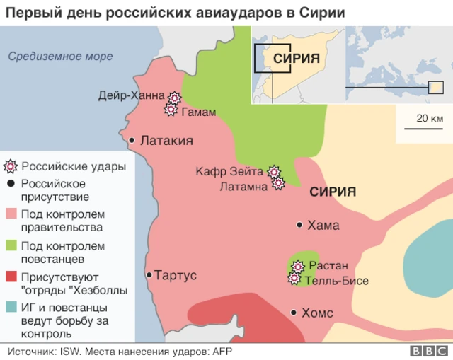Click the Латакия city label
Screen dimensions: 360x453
pos(167,141)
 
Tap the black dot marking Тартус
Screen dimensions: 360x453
pos(149,275)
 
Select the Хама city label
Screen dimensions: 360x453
pos(323,226)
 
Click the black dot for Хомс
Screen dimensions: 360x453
pos(293,312)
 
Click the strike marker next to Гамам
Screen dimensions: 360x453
pos(171,110)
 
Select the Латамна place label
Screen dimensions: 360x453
pos(243,187)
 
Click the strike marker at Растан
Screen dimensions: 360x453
pos(298,267)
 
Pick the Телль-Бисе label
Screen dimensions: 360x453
pos(337,281)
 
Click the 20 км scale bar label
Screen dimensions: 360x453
pos(430,117)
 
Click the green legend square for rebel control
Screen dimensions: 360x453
pos(11,246)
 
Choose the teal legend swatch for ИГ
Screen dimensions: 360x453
pos(11,308)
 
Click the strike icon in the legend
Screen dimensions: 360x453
pos(11,167)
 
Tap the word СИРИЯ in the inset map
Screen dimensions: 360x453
pos(297,59)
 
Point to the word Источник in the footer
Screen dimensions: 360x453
pos(33,351)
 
